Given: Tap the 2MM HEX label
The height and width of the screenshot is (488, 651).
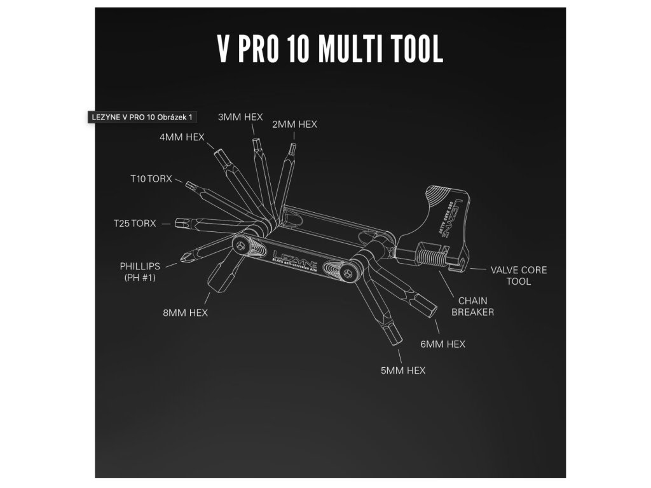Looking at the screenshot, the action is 294,125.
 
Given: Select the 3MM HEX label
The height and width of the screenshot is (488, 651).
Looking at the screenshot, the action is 240,117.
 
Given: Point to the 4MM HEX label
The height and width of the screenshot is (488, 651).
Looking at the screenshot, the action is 182,137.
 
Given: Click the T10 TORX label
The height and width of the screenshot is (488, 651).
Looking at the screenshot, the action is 151,180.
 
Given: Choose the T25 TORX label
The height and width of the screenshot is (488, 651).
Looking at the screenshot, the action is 135,224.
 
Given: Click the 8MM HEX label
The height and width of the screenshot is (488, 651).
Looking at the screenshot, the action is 185,313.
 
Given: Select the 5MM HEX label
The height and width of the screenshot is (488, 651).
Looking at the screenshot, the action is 403,370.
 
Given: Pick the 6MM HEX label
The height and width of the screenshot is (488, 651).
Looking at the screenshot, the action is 443,344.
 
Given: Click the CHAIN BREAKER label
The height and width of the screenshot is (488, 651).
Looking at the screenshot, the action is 472,306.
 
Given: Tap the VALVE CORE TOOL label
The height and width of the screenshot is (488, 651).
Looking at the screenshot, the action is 519,275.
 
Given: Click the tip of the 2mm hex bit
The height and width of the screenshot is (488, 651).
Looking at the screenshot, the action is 292,147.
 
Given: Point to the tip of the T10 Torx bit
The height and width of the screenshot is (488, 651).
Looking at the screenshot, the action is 189,185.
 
